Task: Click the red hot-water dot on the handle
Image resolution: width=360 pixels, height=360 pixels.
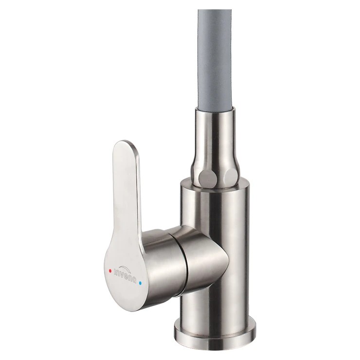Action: point(110,271)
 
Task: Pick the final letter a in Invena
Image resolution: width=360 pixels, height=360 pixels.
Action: point(134,280)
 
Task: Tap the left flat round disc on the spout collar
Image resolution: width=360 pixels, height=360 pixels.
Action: point(205,176)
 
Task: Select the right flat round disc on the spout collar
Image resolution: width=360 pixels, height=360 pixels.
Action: point(230,176)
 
